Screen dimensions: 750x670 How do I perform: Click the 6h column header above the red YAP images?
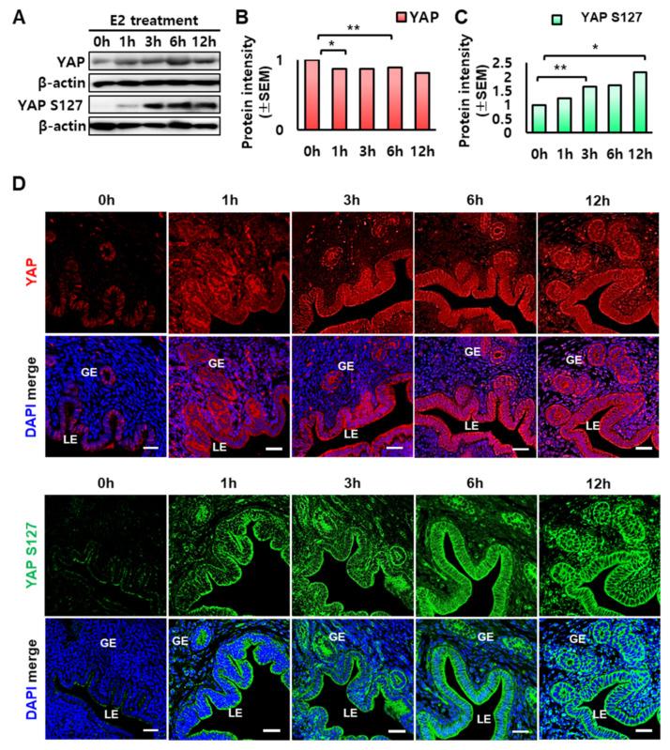(474, 199)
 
